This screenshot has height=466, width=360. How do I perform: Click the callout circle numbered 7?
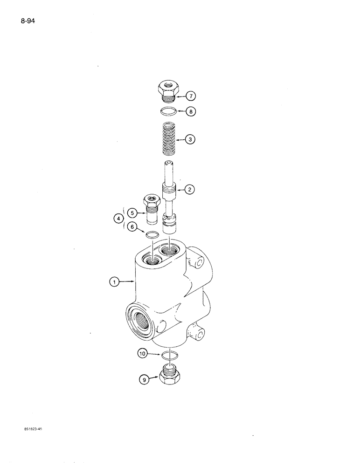pyautogui.click(x=191, y=96)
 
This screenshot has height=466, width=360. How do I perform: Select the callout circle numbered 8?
pyautogui.click(x=191, y=112)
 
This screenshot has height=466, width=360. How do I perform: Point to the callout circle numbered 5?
pyautogui.click(x=132, y=213)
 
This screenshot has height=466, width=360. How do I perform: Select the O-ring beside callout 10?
pyautogui.click(x=170, y=356)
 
